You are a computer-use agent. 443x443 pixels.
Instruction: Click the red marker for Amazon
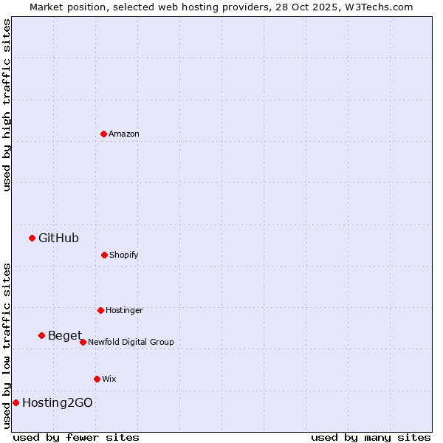[103, 134]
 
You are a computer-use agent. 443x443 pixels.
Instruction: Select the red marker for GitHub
[32, 238]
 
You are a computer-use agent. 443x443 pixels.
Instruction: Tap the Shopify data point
[104, 255]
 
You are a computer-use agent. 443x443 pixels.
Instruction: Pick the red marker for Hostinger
[100, 310]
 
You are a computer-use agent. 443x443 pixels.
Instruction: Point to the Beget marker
[41, 335]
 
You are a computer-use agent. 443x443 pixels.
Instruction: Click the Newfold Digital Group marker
[83, 342]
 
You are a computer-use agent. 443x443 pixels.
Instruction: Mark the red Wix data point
[97, 379]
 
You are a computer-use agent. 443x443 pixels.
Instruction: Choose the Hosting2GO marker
[16, 402]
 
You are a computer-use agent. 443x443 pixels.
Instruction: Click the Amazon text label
[124, 134]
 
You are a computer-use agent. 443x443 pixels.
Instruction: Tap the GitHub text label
[58, 238]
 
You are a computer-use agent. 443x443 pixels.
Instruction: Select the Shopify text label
[124, 255]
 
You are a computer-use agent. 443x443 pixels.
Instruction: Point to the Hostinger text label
[124, 310]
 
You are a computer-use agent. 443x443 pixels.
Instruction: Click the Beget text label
[65, 336]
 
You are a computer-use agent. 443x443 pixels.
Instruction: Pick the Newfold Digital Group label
[131, 342]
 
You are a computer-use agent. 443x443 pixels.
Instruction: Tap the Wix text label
[109, 379]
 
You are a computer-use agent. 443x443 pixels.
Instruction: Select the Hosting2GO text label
[58, 402]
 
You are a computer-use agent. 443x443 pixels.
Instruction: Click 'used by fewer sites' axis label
[76, 437]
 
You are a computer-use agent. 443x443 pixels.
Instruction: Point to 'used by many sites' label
[371, 437]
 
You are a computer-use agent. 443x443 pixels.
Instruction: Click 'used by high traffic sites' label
[7, 105]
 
